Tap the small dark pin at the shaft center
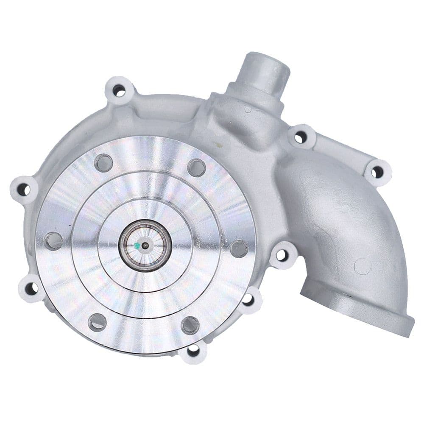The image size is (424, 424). tap(145, 245)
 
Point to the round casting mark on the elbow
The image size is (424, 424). tap(363, 266)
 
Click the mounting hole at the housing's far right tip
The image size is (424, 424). tap(377, 172)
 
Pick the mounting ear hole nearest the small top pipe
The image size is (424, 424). tap(301, 137)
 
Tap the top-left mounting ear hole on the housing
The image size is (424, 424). tap(119, 90)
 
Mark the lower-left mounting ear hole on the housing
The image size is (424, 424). tap(31, 289)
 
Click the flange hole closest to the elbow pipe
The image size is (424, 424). tap(239, 248)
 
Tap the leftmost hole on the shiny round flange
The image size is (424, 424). tap(53, 241)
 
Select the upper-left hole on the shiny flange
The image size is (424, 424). tap(103, 163)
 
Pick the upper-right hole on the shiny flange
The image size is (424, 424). tap(196, 167)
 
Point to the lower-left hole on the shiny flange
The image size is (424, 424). tap(97, 322)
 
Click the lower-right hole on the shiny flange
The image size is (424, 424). tap(190, 325)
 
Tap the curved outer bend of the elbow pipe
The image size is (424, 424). tap(373, 212)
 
